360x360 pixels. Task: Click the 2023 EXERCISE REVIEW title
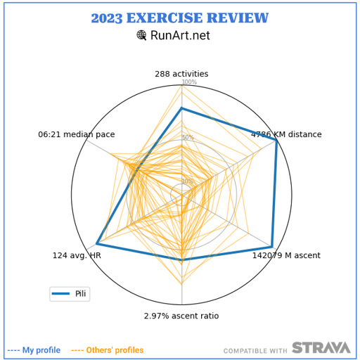(x=180, y=18)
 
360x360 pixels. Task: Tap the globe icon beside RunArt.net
(x=141, y=35)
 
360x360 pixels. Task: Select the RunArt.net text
(x=180, y=35)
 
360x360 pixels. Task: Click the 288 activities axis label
(x=181, y=74)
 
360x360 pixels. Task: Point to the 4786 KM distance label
(x=286, y=134)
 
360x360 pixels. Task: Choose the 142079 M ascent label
(x=286, y=255)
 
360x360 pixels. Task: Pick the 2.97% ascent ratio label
(x=181, y=316)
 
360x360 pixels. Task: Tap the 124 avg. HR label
(x=77, y=255)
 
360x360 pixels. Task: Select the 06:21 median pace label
(x=77, y=134)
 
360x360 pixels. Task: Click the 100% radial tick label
(x=189, y=82)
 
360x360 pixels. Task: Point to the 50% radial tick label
(x=188, y=137)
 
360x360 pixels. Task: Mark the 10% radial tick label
(x=188, y=181)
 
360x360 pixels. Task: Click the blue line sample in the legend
(x=60, y=294)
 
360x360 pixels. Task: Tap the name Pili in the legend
(x=80, y=294)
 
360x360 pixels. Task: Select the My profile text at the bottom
(x=41, y=350)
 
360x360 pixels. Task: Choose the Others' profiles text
(x=115, y=350)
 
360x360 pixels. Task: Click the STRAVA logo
(x=321, y=347)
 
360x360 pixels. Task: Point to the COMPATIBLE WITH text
(x=255, y=351)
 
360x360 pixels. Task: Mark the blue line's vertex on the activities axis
(x=181, y=108)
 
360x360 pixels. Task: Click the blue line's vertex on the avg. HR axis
(x=96, y=244)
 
